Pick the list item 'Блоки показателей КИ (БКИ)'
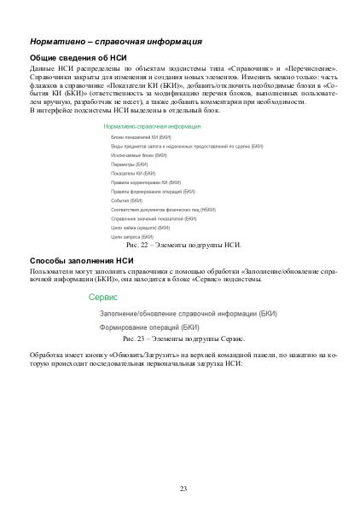pyautogui.click(x=141, y=137)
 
